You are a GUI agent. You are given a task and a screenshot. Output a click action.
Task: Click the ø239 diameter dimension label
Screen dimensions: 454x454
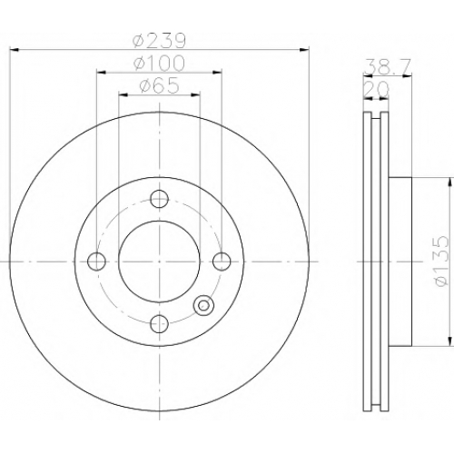tap(159, 41)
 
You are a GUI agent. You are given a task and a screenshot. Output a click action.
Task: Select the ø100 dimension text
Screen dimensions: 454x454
tap(159, 64)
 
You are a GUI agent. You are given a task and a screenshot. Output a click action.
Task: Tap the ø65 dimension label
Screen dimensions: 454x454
tap(160, 85)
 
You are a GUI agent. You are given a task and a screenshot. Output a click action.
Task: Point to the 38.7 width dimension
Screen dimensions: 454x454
tap(388, 66)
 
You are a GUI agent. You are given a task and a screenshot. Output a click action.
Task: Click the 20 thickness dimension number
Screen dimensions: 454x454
tap(376, 90)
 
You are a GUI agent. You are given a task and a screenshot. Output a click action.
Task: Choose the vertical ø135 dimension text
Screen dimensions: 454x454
tap(440, 261)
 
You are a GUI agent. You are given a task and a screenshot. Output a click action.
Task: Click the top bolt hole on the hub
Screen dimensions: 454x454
tap(159, 199)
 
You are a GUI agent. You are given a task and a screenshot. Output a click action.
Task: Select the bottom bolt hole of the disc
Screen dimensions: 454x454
tap(159, 323)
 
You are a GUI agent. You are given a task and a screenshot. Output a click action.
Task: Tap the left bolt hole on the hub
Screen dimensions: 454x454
tap(96, 262)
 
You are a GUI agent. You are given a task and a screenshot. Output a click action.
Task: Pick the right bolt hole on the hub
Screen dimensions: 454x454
tap(222, 262)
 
